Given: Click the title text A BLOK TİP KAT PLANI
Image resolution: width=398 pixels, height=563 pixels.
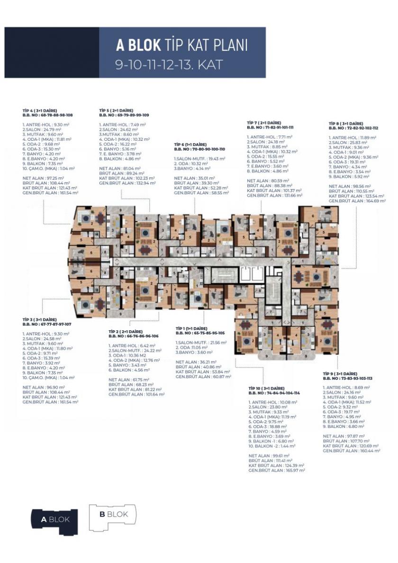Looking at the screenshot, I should point(182,45).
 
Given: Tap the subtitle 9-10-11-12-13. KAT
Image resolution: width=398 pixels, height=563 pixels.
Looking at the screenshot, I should point(169,64).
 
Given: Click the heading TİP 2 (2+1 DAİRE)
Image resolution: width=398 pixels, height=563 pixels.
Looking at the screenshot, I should point(126,331).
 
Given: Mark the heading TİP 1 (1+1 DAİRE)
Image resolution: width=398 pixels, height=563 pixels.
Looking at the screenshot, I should point(191,328).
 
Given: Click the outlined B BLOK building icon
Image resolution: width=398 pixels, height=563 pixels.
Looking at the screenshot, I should point(113,515).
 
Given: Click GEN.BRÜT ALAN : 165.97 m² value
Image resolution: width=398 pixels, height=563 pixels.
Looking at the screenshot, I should point(277,470).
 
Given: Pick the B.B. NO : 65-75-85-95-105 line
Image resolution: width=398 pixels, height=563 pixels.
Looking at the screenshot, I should point(200,333).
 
